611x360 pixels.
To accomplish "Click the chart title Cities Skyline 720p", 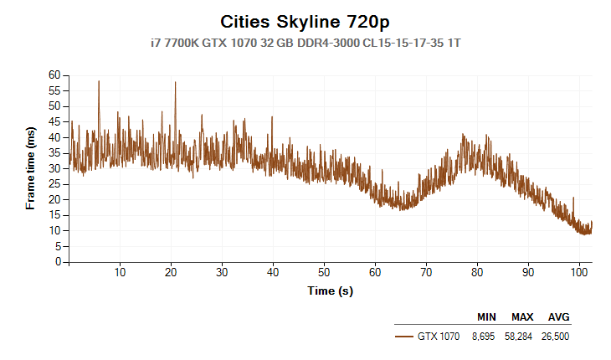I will coord(305,21).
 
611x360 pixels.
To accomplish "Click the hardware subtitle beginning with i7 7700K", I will coord(305,41).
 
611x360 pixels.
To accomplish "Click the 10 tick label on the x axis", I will coord(121,272).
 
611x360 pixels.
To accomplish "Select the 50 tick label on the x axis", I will coord(324,272).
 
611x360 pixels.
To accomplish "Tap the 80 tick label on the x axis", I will coord(477,272).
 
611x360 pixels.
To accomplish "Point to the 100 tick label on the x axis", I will coord(578,272).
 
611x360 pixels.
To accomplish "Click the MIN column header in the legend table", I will coord(486,317).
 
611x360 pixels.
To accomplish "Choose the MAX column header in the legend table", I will coord(522,317).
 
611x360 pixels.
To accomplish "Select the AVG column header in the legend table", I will coord(558,317).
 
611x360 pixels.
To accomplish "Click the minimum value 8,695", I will coord(486,336).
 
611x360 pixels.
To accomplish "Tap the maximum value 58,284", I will coord(522,336).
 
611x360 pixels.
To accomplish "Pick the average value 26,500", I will coord(558,336).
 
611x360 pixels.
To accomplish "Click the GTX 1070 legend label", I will coord(439,336).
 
